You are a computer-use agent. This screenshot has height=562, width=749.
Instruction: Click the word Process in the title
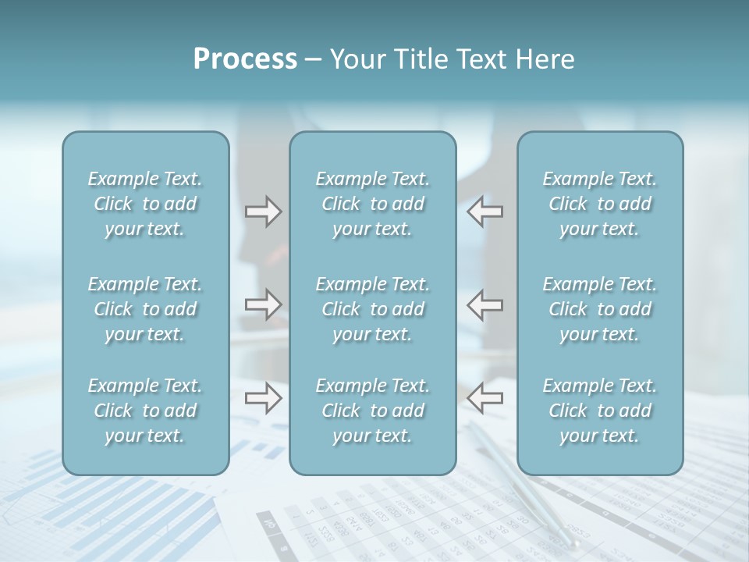tap(245, 59)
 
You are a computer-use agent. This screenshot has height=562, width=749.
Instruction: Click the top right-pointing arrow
tap(263, 212)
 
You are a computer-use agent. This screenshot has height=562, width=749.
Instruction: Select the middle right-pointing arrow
tap(263, 304)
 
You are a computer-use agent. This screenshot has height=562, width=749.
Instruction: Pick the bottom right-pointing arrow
tap(263, 398)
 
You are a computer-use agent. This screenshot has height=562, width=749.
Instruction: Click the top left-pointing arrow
tap(485, 212)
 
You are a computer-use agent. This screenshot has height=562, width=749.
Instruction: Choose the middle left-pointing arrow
tap(485, 304)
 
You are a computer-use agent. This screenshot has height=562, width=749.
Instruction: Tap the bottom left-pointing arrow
tap(485, 398)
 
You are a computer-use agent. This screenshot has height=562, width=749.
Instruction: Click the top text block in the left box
tap(145, 204)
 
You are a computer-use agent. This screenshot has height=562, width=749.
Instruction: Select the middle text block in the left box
tap(145, 309)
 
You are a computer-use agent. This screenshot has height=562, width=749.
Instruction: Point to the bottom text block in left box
tap(145, 411)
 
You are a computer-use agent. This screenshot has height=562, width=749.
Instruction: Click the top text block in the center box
tap(373, 204)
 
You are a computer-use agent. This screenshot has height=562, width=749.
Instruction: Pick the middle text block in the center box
tap(373, 309)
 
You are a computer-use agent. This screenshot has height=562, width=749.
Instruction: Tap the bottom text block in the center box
tap(373, 411)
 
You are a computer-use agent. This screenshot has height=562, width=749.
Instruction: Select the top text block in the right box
tap(600, 204)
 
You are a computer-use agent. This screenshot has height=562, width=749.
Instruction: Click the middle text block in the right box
tap(600, 309)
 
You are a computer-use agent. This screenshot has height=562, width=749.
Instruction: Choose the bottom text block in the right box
tap(600, 411)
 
